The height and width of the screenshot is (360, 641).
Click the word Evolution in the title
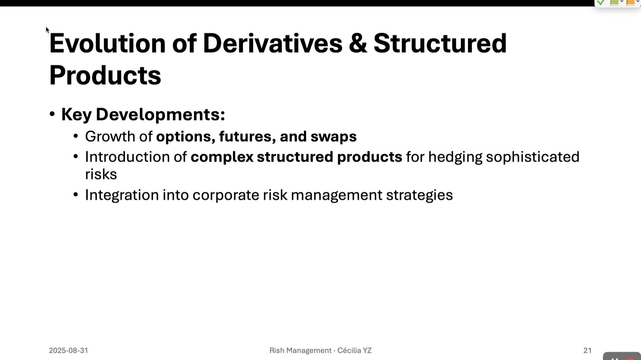point(107,43)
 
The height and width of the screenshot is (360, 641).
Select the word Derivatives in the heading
point(272,43)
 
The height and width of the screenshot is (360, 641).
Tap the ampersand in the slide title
point(358,43)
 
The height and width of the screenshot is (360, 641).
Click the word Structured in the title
point(440,43)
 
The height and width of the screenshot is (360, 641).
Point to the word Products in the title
point(105,75)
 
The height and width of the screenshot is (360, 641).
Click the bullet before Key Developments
point(52,114)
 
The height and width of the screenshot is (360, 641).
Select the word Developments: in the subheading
point(160,114)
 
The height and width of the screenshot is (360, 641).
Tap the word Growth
point(110,136)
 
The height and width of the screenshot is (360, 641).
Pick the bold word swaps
point(334,137)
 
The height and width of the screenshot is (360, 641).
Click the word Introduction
point(128,157)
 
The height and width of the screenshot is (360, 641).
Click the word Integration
point(122,195)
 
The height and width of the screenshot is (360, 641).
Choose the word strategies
point(420,195)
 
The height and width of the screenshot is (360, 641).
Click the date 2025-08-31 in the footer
point(68,351)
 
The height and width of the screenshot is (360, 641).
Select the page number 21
point(587,351)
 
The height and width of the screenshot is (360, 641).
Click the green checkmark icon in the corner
point(601,3)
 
